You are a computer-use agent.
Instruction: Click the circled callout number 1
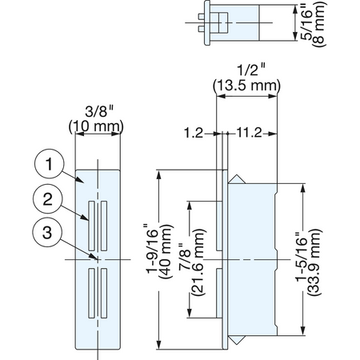pos(49,164)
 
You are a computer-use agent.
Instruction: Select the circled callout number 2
pos(48,198)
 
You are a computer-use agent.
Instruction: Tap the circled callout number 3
pos(47,232)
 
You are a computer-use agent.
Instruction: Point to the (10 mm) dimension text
pos(96,126)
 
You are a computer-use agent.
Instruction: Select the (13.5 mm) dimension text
pos(246,86)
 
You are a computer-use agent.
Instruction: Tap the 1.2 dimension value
pos(194,133)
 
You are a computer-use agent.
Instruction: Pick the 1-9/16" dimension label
pos(152,248)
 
